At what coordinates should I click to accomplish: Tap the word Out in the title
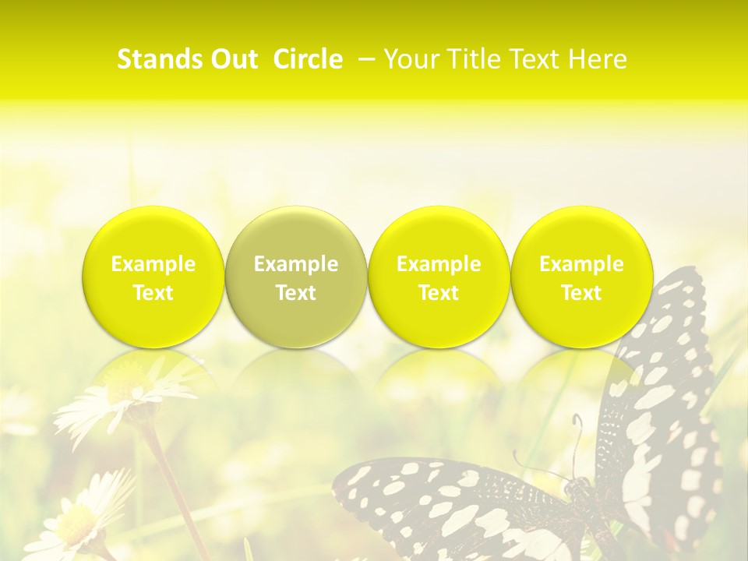click(x=233, y=59)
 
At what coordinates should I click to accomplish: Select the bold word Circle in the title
click(x=308, y=59)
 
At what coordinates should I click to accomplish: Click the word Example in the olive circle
click(x=296, y=264)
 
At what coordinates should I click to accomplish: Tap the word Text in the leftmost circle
click(x=153, y=293)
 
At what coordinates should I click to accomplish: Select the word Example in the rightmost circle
click(x=581, y=264)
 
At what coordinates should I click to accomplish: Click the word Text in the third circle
click(x=439, y=293)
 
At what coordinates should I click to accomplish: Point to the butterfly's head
click(x=577, y=487)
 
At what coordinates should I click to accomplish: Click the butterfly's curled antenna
click(x=577, y=436)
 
